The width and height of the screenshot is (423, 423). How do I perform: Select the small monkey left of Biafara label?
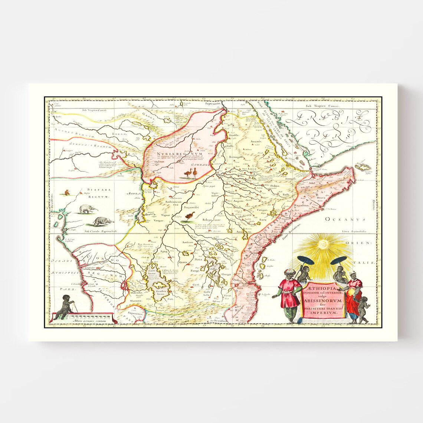tap(67, 192)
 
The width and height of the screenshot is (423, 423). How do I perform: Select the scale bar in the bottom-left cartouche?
tap(91, 317)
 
